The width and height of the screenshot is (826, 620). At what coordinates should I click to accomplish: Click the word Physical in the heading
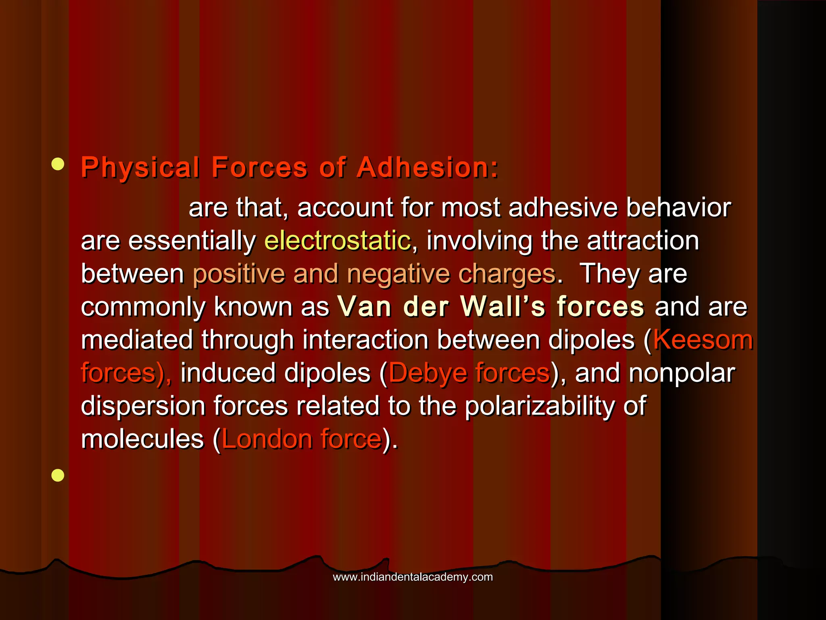click(x=140, y=168)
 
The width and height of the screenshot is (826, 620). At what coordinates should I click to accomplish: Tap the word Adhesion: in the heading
click(x=428, y=167)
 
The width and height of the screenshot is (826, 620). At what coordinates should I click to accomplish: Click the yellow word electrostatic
click(x=338, y=241)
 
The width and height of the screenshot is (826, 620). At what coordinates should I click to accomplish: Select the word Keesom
click(x=703, y=339)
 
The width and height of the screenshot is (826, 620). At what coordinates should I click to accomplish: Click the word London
click(x=266, y=439)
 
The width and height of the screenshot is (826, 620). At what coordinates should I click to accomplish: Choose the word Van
click(x=365, y=306)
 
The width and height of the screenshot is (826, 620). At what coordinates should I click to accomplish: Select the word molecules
click(x=142, y=439)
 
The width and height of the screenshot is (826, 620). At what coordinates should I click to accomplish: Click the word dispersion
click(x=143, y=406)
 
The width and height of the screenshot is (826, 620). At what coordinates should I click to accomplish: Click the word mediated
click(x=137, y=339)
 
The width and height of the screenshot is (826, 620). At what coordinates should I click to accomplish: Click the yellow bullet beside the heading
click(x=58, y=165)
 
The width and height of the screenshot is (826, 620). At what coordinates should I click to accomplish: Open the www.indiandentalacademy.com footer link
click(x=413, y=577)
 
